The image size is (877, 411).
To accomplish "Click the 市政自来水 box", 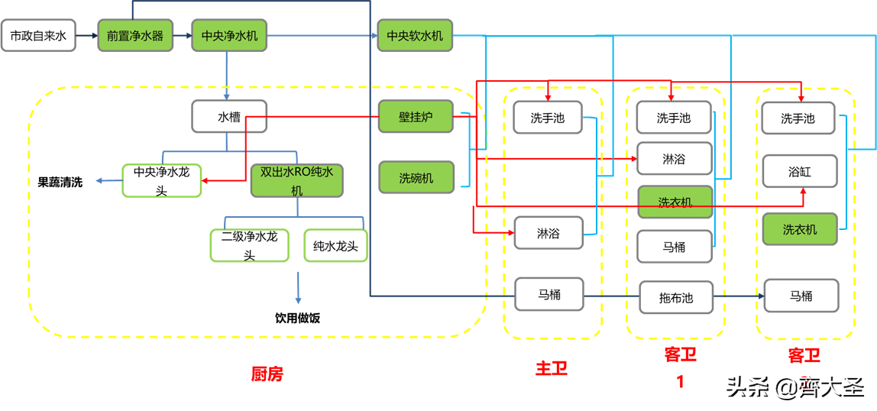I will [38, 36].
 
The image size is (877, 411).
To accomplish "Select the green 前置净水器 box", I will [134, 36].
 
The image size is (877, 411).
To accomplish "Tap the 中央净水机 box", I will [229, 36].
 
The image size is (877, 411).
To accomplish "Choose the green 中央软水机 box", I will [415, 36].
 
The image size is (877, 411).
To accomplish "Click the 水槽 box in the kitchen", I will [229, 118].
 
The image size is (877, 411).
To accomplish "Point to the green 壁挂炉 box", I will [416, 117].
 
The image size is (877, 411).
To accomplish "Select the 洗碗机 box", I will [416, 177].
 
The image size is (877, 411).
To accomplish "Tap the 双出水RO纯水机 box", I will [296, 181].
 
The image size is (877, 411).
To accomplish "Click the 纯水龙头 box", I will [335, 246].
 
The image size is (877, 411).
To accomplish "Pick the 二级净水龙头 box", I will [249, 246].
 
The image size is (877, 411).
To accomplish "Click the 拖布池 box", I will [675, 297].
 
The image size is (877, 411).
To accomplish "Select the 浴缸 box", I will [799, 172].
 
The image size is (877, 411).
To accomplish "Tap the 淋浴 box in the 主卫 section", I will [548, 233].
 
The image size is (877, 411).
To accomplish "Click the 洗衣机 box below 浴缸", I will [799, 229].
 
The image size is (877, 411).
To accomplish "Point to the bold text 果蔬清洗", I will [60, 183].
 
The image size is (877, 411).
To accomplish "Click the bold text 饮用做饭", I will [297, 317].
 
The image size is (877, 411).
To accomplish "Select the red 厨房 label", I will [267, 374].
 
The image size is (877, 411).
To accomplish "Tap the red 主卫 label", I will [551, 368].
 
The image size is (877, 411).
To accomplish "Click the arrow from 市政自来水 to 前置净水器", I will [86, 36].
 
